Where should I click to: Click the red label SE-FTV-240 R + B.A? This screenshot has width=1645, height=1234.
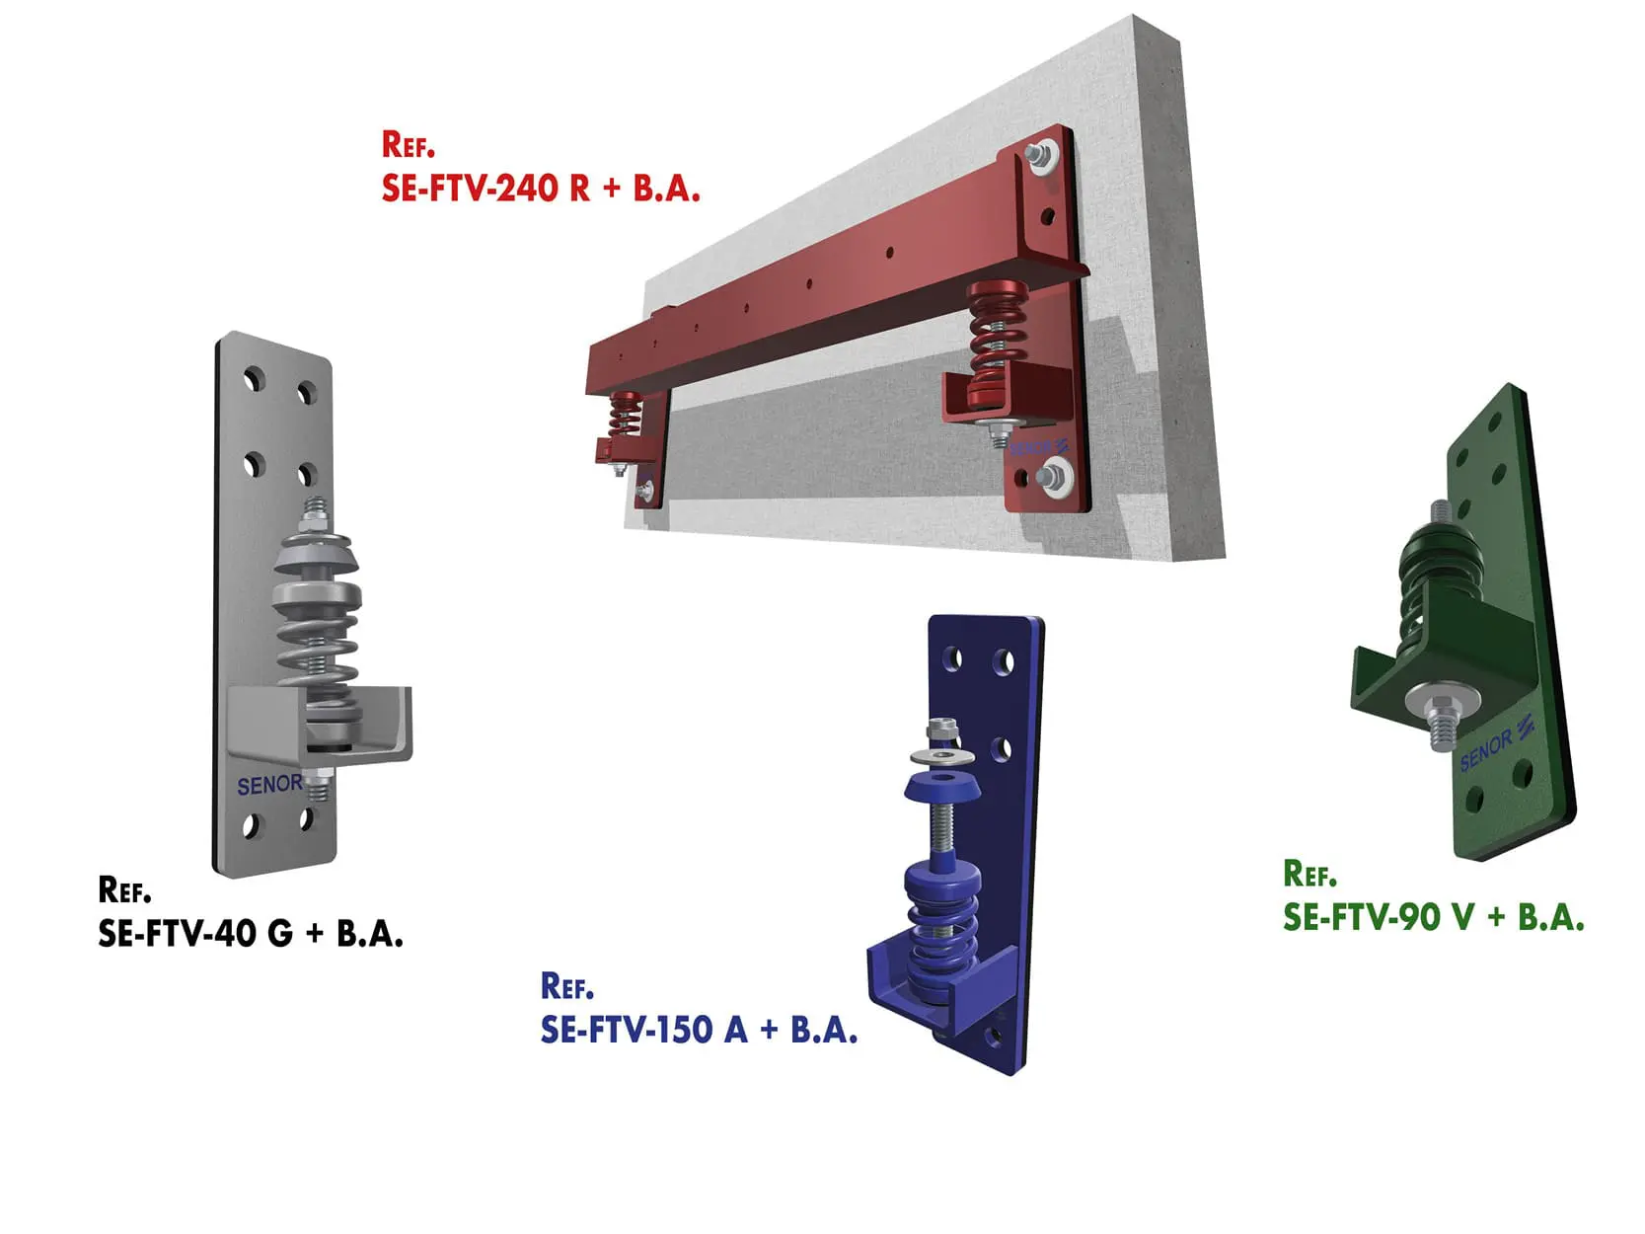(x=541, y=188)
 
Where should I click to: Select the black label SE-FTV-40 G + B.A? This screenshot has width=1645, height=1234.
(x=251, y=933)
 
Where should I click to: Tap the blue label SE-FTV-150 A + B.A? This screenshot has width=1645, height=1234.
(x=699, y=1030)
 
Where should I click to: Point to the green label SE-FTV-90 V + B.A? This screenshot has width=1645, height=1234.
(x=1434, y=917)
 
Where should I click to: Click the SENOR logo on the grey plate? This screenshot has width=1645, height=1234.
(x=269, y=785)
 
